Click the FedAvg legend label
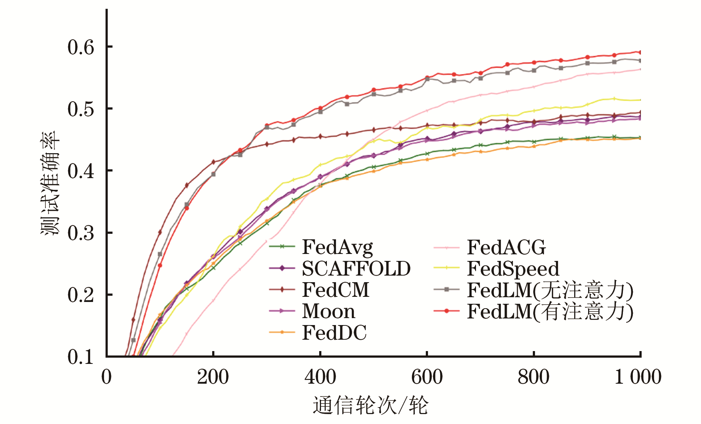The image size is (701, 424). point(337,247)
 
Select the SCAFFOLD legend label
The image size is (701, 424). point(356,269)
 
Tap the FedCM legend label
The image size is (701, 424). point(335,290)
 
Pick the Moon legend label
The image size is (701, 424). point(328,311)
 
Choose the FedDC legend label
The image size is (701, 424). point(334,333)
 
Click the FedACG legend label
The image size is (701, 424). point(506,247)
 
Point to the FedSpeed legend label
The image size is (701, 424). point(513,269)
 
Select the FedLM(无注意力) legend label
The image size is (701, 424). point(550,290)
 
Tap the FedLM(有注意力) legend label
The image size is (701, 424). point(550,311)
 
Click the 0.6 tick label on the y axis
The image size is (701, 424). point(81,47)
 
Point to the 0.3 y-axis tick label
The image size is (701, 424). point(81,233)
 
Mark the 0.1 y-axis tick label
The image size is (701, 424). point(81,357)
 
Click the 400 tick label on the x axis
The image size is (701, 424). point(320,377)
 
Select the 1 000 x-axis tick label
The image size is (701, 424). point(638,377)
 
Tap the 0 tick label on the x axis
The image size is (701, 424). point(106,377)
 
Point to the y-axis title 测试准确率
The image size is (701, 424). point(50,183)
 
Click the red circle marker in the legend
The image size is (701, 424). point(446,311)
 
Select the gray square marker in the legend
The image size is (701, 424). point(446,290)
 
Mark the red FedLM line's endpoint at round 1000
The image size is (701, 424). point(640,52)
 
